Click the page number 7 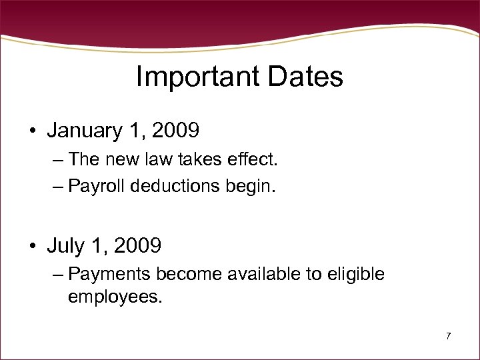click(x=448, y=336)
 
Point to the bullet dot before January click(x=32, y=131)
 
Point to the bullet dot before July click(x=32, y=247)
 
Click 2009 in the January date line click(x=175, y=131)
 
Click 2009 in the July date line click(x=137, y=246)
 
